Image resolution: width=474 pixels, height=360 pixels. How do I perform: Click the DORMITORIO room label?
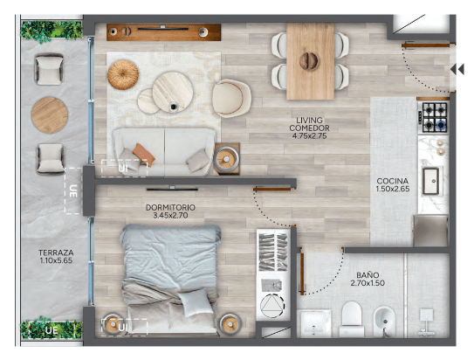tap(170, 208)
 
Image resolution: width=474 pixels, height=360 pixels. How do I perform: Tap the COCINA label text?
tap(392, 181)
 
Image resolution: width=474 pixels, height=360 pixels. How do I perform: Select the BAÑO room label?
tap(368, 275)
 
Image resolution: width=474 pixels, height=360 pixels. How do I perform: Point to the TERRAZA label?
tap(56, 253)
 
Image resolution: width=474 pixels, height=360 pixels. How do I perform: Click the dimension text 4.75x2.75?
tap(309, 136)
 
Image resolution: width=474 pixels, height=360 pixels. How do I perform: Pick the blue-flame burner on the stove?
tap(441, 124)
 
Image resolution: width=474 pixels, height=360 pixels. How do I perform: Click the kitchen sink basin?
tap(430, 181)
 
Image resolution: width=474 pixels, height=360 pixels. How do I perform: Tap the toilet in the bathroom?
tap(352, 319)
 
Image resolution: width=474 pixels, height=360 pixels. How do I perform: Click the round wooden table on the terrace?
tap(50, 115)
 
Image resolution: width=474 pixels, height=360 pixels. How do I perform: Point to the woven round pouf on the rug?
tap(123, 75)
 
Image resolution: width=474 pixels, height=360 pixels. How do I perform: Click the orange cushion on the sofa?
tap(143, 154)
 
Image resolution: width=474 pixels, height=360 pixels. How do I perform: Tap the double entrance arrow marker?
tap(457, 69)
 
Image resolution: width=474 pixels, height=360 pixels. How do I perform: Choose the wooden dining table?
tap(310, 61)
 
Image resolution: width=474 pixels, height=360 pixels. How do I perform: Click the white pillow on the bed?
tap(195, 302)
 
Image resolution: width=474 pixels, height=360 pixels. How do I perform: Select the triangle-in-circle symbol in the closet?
tap(272, 305)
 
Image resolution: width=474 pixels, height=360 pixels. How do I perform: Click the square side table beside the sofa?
tap(226, 159)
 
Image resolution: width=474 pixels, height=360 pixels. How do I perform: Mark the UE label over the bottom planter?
tap(52, 330)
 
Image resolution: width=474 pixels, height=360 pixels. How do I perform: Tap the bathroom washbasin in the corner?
tap(315, 323)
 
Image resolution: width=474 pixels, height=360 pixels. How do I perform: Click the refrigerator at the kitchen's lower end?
tap(430, 231)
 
